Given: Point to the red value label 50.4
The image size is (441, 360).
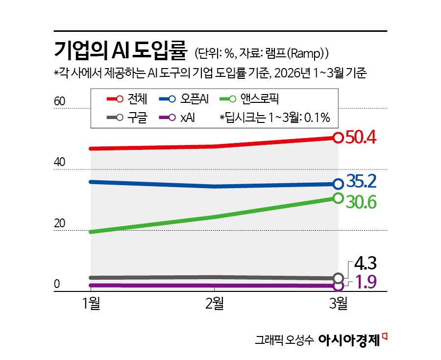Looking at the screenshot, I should (361, 138).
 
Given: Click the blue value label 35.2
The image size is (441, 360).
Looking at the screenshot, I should (361, 182).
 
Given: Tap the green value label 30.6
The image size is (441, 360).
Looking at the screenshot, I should (361, 201).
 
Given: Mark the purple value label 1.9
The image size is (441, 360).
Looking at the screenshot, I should (364, 283).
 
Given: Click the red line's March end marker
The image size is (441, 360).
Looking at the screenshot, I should (338, 138).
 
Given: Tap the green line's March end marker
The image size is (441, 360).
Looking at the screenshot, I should (338, 198).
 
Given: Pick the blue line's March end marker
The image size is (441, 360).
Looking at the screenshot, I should (338, 184).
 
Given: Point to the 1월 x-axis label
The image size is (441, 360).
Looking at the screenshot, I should (92, 303).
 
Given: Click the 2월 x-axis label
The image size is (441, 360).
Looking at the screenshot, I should (215, 303).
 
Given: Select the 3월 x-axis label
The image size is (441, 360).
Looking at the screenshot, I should (338, 303).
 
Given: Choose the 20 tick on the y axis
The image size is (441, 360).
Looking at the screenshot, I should (59, 223).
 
